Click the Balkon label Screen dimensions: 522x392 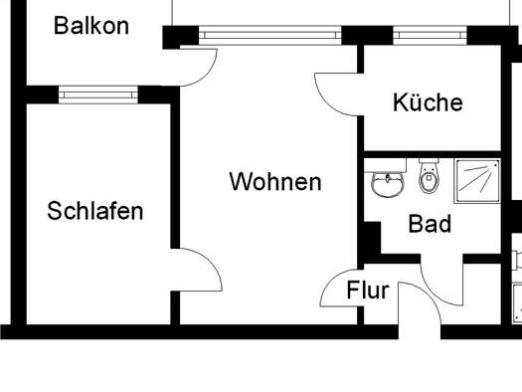(x=91, y=26)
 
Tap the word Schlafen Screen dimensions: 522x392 (x=95, y=211)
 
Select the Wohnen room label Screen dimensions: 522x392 (x=275, y=181)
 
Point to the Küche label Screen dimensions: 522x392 (x=428, y=101)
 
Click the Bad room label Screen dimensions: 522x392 (x=430, y=224)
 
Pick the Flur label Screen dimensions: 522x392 (x=368, y=291)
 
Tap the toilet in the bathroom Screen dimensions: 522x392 (x=429, y=176)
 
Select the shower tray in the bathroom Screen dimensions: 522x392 (x=477, y=181)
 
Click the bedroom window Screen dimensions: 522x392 (x=98, y=95)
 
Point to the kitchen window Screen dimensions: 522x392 (x=431, y=35)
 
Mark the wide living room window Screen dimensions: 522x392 (x=270, y=35)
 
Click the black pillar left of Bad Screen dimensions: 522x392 (x=372, y=238)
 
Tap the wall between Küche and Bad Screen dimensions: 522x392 (x=433, y=154)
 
